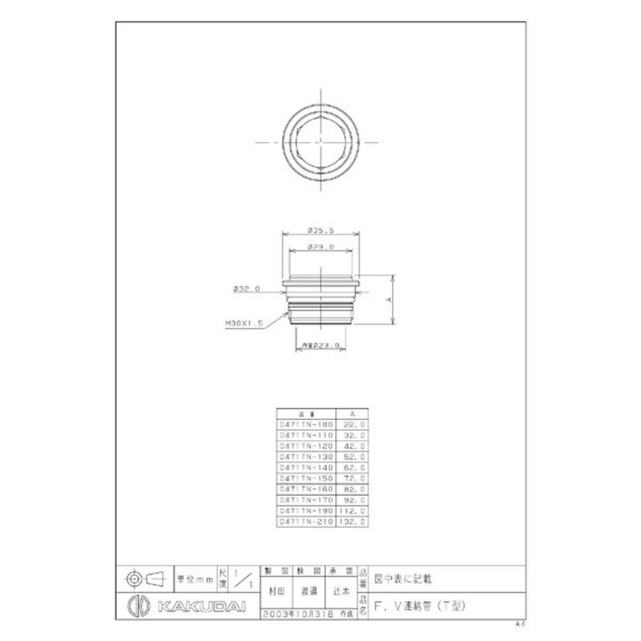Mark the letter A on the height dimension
click(387, 299)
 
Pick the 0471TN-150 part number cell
click(304, 478)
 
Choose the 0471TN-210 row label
click(304, 521)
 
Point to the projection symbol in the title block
click(144, 577)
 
